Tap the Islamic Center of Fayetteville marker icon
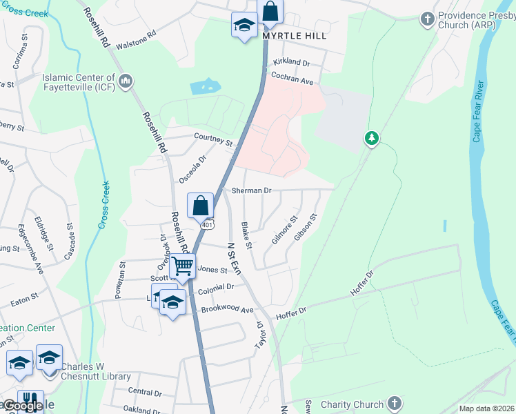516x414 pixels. [x=126, y=83]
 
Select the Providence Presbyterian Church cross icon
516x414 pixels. [x=428, y=18]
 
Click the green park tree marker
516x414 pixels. [x=372, y=139]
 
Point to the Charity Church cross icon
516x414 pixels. [x=394, y=402]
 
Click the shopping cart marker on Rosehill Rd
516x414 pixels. [x=183, y=265]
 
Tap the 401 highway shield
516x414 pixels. [x=208, y=225]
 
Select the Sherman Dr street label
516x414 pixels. [x=252, y=190]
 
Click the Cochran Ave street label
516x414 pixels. [x=292, y=81]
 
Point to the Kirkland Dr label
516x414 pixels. [x=291, y=62]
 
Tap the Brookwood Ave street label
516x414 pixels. [x=227, y=310]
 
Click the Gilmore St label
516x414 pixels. [x=284, y=230]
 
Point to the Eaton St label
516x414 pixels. [x=23, y=301]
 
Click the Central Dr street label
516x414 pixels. [x=144, y=392]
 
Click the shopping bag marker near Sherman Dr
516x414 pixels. [x=200, y=206]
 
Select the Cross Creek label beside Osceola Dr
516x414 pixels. [x=105, y=204]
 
